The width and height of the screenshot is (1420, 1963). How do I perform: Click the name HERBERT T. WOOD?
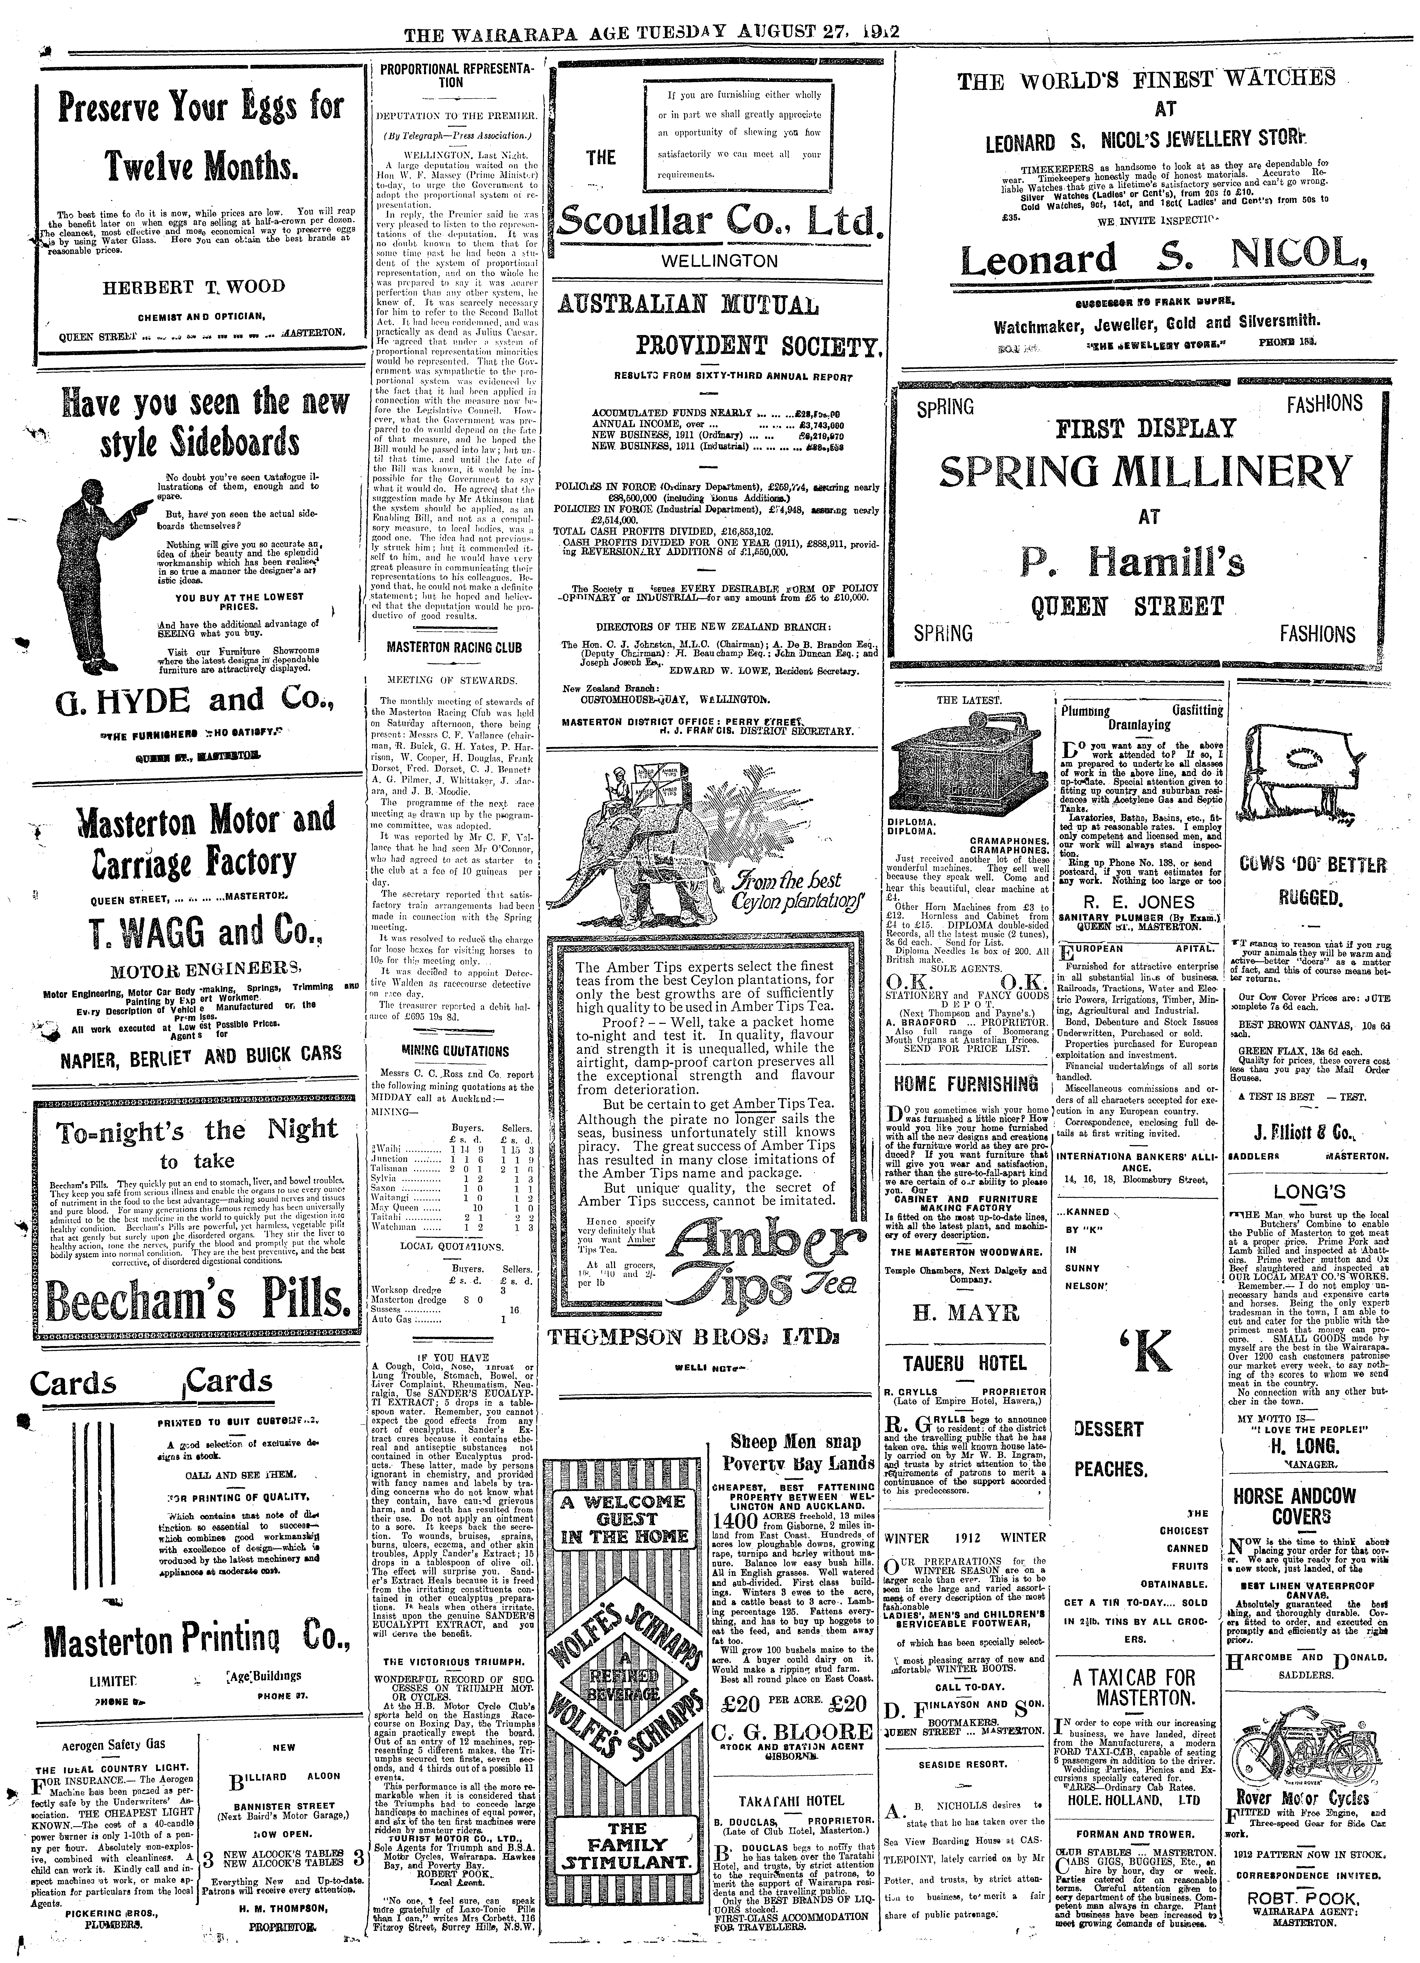coord(194,287)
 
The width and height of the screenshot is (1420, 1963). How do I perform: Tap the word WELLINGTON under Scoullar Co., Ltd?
coord(719,261)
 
